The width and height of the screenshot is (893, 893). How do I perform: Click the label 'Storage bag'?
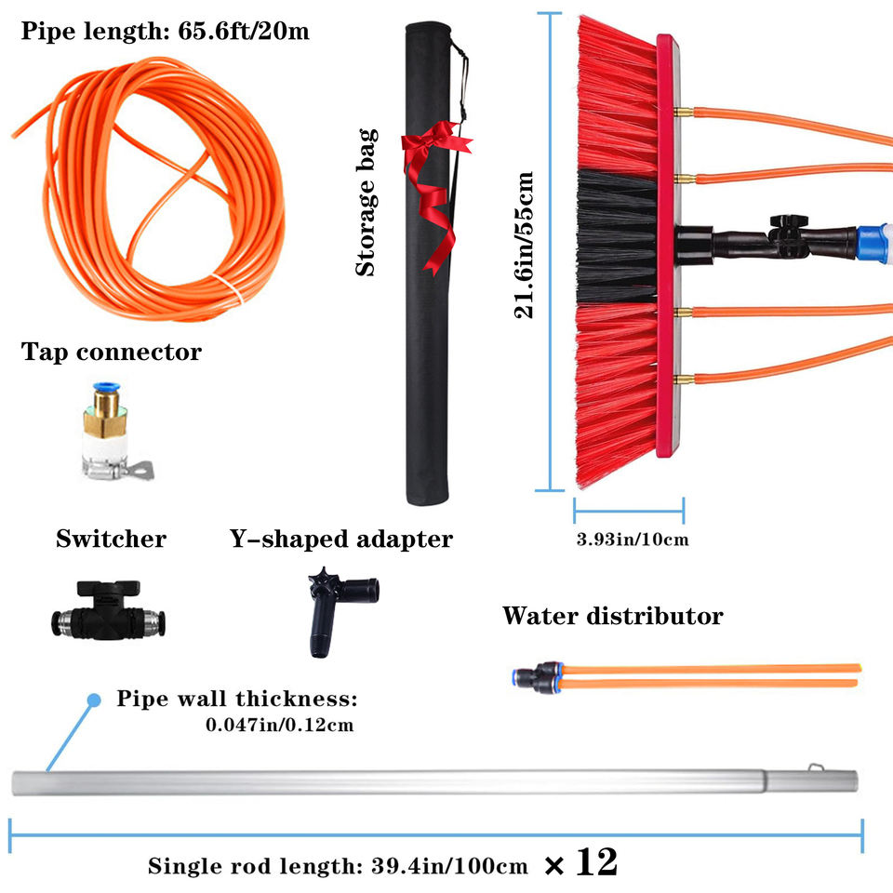click(367, 202)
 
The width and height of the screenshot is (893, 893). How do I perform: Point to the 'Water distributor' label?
click(612, 615)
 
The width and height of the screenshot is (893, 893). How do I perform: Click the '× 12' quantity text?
click(580, 864)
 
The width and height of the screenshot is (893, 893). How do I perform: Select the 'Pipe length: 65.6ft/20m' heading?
click(165, 32)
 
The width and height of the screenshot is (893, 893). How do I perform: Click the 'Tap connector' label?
click(111, 353)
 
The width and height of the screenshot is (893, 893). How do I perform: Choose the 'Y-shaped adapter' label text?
click(340, 539)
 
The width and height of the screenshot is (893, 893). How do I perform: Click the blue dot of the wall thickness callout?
click(93, 700)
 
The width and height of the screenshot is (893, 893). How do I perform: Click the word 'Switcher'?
click(111, 539)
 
